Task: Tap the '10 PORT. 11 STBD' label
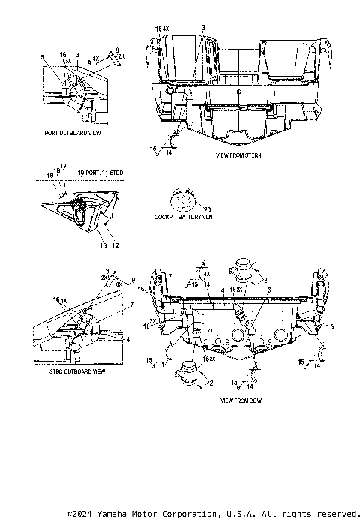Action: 100,173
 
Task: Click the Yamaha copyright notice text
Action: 213,514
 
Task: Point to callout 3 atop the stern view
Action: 203,27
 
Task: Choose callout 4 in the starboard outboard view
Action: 127,338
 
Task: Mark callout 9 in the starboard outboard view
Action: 133,280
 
